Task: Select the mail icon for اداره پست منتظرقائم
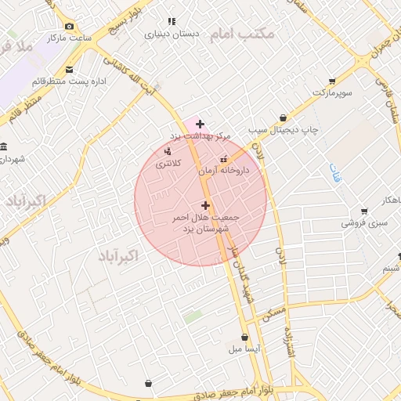(70, 70)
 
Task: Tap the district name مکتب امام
(255, 34)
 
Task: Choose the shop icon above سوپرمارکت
(332, 81)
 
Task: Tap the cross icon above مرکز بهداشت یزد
(200, 124)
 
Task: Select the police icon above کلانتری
(168, 150)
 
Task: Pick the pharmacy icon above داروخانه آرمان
(223, 159)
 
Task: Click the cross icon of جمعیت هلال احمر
(206, 205)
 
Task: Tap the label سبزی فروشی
(363, 223)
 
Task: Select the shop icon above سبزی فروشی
(364, 211)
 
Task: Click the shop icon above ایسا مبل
(244, 337)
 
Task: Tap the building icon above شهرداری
(5, 147)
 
